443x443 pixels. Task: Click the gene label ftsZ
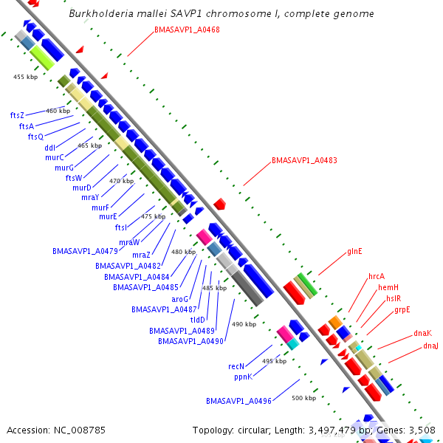(x=17, y=115)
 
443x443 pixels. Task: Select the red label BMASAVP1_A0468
(x=187, y=30)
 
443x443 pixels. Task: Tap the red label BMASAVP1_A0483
(x=304, y=160)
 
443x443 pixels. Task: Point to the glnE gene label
(x=354, y=251)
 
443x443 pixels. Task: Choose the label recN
(x=236, y=366)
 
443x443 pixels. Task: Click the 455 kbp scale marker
(x=25, y=77)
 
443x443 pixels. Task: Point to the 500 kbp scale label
(x=303, y=398)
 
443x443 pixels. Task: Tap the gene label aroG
(x=180, y=299)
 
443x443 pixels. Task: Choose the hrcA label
(x=377, y=276)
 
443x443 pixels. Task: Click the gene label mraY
(x=90, y=197)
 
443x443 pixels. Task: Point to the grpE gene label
(x=402, y=309)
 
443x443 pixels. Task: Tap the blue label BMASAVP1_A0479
(x=85, y=251)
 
